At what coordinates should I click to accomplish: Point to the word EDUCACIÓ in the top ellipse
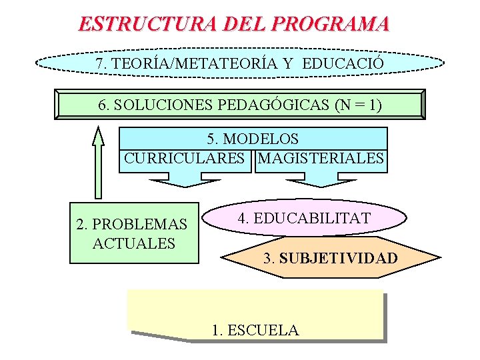[x=343, y=63]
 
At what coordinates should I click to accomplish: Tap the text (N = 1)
[x=359, y=105]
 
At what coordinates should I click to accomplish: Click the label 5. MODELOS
[x=253, y=139]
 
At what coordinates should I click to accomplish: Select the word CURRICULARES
[x=185, y=159]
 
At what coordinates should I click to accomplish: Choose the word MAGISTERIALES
[x=321, y=159]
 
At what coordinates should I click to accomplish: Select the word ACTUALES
[x=134, y=243]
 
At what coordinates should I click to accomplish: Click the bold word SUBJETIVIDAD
[x=339, y=258]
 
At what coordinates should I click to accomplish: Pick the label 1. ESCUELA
[x=255, y=330]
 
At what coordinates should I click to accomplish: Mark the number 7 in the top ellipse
[x=100, y=63]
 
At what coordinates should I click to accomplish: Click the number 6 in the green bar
[x=102, y=105]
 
